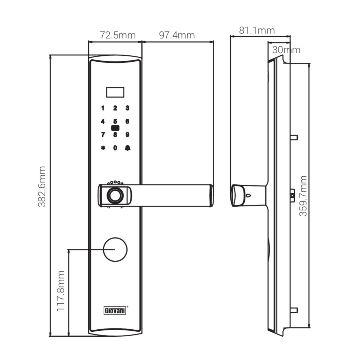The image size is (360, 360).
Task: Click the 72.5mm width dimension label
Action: (x=118, y=35)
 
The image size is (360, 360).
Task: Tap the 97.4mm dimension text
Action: (x=177, y=35)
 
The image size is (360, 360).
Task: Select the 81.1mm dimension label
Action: (x=257, y=30)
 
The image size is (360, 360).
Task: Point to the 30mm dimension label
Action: (x=286, y=50)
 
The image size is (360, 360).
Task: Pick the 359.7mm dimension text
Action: (x=303, y=196)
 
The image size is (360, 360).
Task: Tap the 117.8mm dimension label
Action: (x=60, y=291)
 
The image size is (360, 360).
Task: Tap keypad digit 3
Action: (x=127, y=108)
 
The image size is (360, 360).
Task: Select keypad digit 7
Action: (x=103, y=134)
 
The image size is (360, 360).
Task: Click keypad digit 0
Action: (x=115, y=148)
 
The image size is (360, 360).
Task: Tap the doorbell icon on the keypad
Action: (x=128, y=148)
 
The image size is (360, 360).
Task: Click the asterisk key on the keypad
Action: (x=103, y=148)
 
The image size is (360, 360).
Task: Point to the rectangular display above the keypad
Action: (x=115, y=92)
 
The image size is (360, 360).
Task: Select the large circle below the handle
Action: (x=115, y=249)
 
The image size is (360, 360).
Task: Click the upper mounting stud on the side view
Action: (x=294, y=138)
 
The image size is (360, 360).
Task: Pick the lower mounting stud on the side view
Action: (x=294, y=310)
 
